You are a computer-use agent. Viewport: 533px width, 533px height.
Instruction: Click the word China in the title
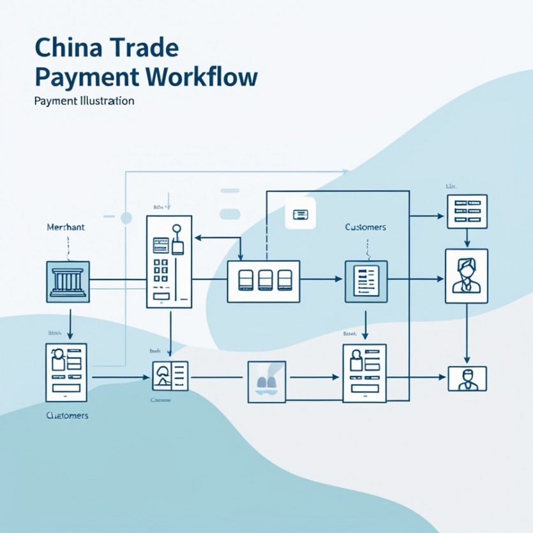click(61, 49)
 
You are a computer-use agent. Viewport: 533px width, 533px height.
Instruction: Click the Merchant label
click(66, 227)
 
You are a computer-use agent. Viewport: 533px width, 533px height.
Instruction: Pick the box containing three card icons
click(264, 281)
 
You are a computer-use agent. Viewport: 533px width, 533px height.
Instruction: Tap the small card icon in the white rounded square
click(301, 214)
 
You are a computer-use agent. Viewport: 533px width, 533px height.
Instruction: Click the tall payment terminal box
click(169, 262)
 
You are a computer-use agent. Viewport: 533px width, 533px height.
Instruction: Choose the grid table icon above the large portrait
click(467, 211)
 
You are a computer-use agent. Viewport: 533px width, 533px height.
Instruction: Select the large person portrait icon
click(466, 275)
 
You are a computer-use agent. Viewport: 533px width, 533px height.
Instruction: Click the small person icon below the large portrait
click(467, 379)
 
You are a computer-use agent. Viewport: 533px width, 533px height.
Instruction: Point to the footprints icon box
click(267, 381)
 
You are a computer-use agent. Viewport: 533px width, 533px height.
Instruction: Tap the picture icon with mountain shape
click(170, 376)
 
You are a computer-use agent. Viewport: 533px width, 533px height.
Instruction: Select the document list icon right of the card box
click(366, 281)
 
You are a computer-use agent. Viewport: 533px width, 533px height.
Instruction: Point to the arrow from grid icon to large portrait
click(467, 238)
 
